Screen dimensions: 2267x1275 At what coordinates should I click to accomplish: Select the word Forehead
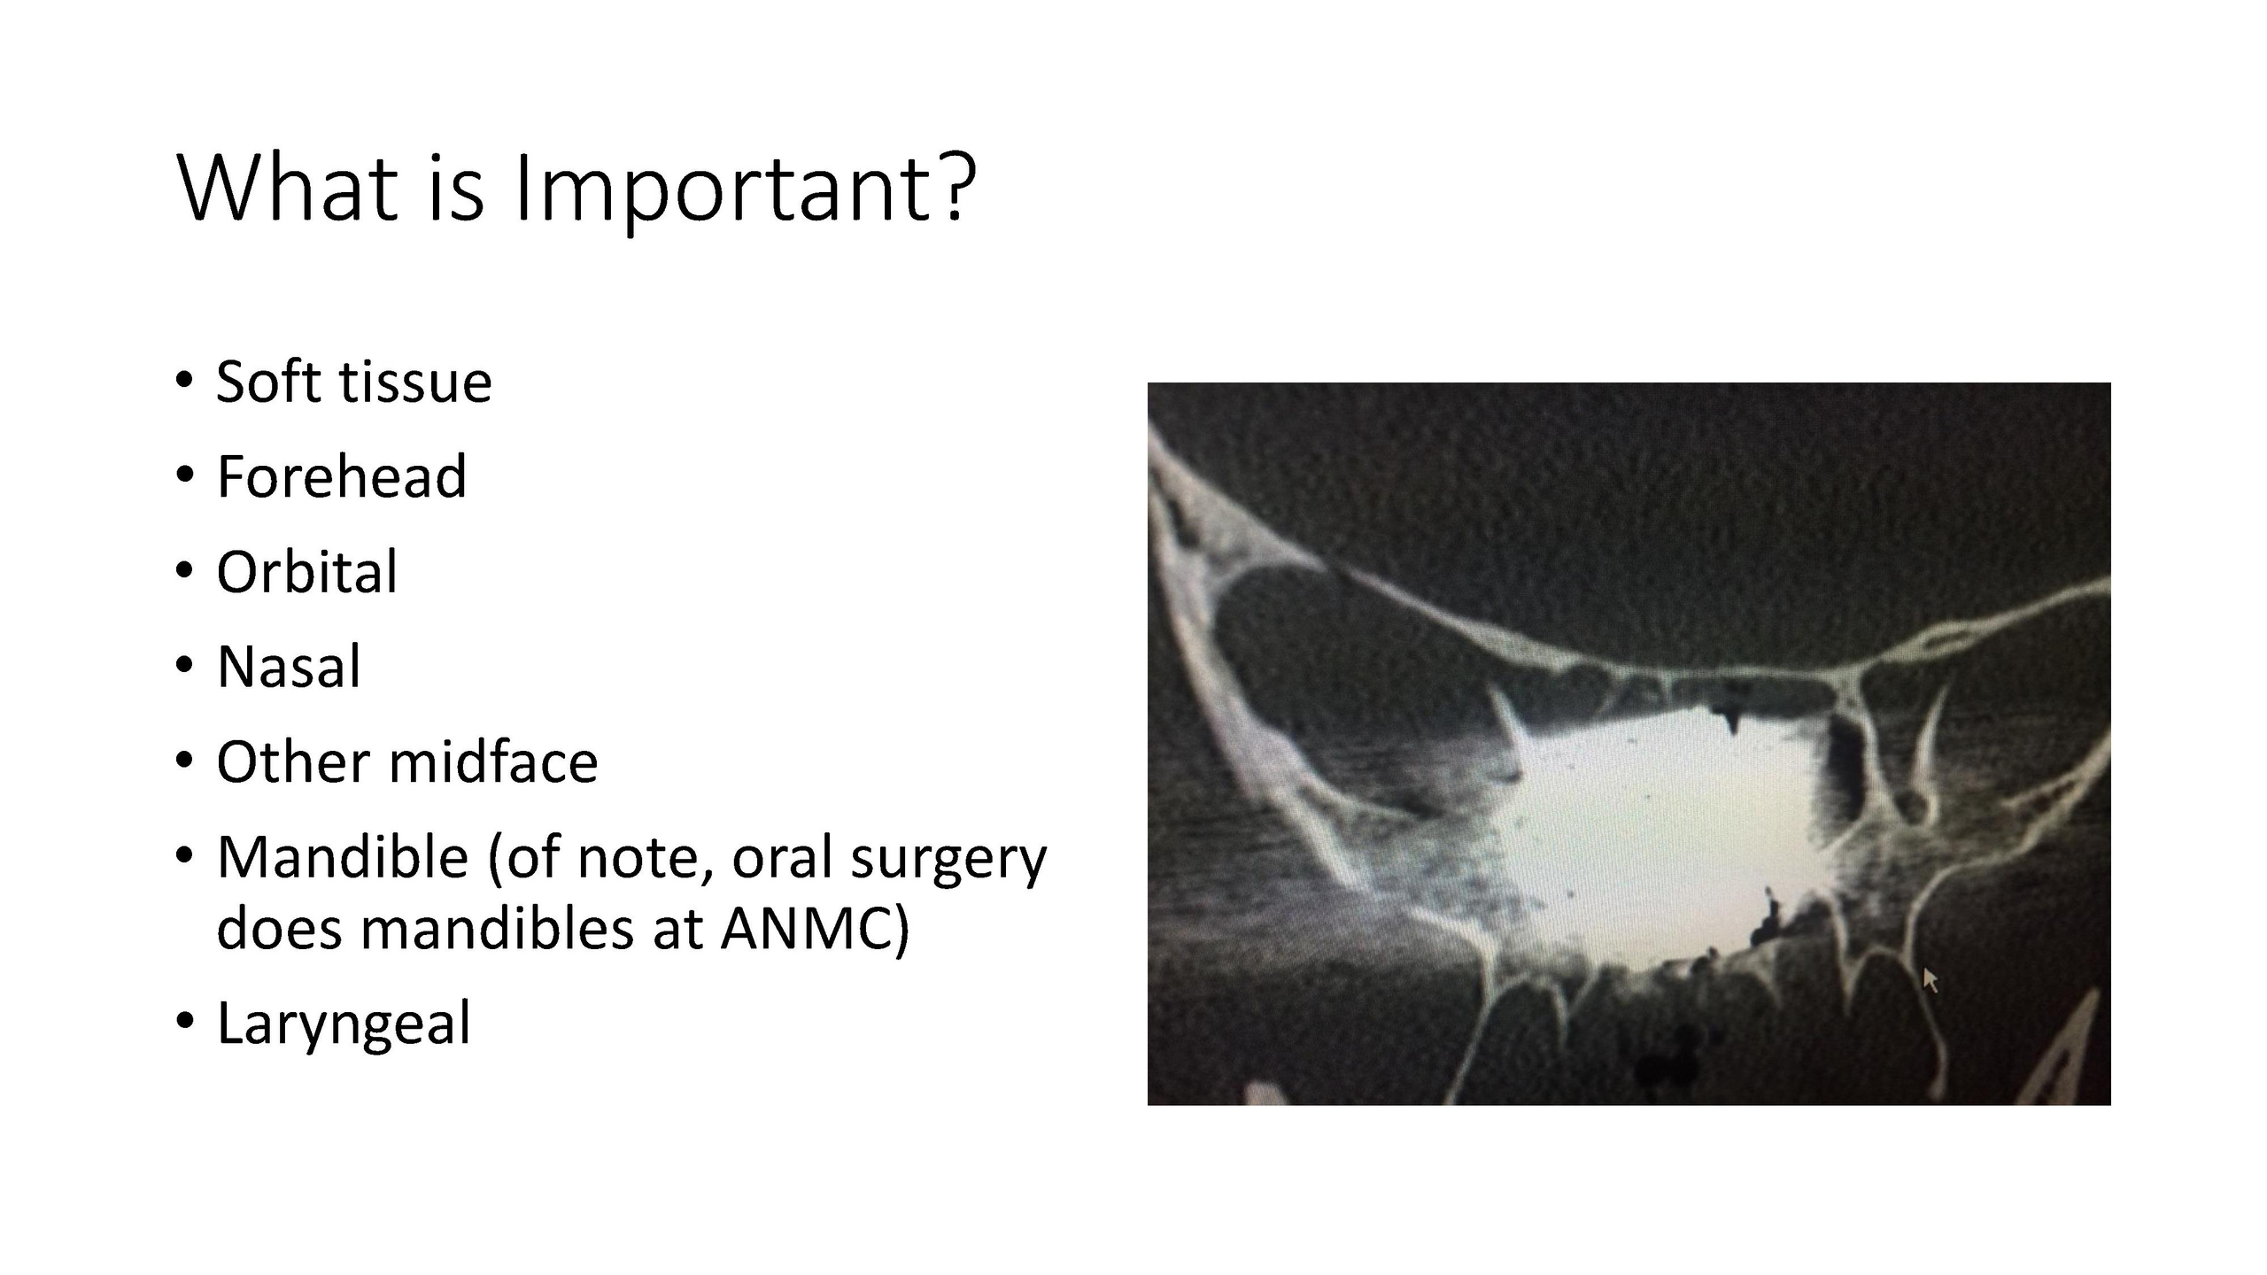click(x=341, y=476)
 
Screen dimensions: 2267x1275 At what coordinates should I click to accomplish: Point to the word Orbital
click(x=307, y=571)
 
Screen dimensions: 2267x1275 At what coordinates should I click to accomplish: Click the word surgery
click(x=948, y=861)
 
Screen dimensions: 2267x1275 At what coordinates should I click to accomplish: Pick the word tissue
click(x=415, y=382)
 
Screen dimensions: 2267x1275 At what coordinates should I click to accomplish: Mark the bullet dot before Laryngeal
click(x=184, y=1021)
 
